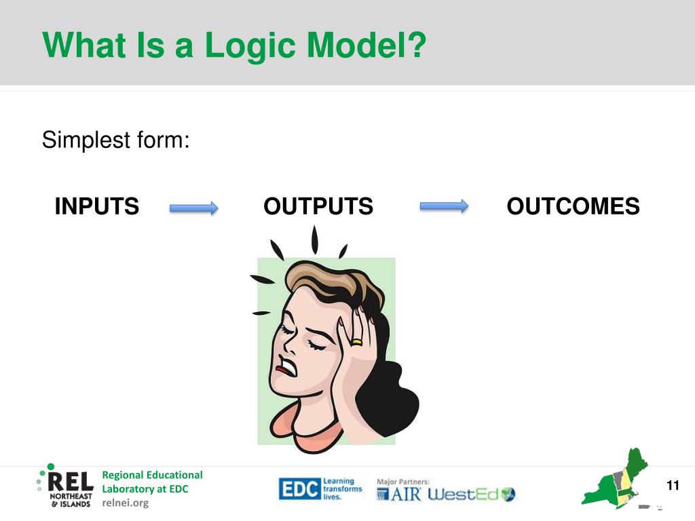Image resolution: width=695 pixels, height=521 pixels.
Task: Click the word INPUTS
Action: click(x=96, y=206)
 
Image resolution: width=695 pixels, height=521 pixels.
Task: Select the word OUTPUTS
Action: click(x=318, y=206)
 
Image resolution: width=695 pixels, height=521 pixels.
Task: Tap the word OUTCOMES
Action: click(x=573, y=206)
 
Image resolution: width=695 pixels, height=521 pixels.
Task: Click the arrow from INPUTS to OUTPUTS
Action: click(x=193, y=208)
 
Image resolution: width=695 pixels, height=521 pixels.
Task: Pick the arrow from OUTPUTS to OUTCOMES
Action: click(x=444, y=206)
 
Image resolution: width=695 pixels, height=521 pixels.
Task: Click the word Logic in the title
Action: click(x=250, y=46)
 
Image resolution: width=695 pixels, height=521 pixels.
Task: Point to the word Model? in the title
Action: click(x=367, y=45)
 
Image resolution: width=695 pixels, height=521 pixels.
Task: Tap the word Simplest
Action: click(x=86, y=140)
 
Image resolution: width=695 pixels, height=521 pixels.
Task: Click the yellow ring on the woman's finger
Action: click(x=356, y=342)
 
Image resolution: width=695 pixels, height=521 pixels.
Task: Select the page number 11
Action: click(x=673, y=486)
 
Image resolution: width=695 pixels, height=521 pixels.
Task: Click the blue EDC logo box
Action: click(x=299, y=489)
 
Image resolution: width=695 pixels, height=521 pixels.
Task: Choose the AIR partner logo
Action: click(x=399, y=494)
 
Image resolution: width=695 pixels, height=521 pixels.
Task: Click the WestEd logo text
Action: click(x=463, y=495)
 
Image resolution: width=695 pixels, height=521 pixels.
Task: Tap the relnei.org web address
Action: click(x=126, y=503)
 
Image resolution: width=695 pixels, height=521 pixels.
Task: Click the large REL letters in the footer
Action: click(x=71, y=482)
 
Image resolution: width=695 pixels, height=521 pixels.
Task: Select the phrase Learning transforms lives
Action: click(x=342, y=489)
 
